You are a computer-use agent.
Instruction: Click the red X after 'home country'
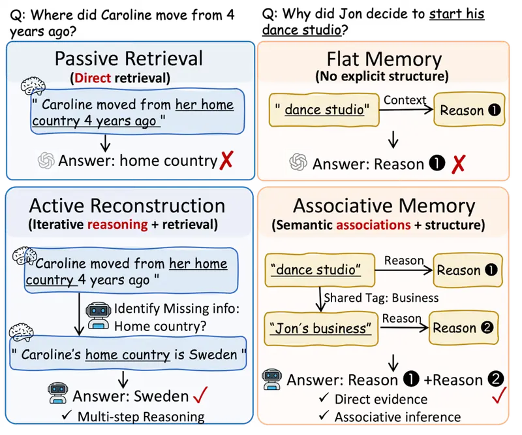click(x=226, y=160)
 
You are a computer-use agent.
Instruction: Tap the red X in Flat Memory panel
click(x=458, y=164)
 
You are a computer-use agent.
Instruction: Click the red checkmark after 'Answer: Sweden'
click(x=201, y=395)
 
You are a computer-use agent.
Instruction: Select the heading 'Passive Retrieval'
click(x=129, y=59)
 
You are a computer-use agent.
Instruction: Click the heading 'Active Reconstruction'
click(x=127, y=206)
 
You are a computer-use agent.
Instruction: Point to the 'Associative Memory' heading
click(x=384, y=206)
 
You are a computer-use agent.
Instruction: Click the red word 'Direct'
click(x=93, y=78)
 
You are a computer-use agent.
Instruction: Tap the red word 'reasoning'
click(x=117, y=225)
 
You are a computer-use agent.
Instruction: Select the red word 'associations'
click(x=373, y=225)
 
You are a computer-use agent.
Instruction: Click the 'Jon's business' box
click(x=321, y=329)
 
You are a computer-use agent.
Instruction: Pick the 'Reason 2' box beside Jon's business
click(x=464, y=328)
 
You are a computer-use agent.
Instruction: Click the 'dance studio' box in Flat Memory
click(x=324, y=110)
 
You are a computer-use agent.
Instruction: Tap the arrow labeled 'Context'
click(x=406, y=109)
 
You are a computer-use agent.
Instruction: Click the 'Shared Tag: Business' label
click(x=381, y=298)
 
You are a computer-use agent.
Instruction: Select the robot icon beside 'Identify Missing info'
click(x=99, y=315)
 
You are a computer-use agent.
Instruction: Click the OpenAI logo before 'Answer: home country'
click(x=46, y=161)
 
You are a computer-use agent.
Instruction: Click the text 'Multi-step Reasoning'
click(x=141, y=417)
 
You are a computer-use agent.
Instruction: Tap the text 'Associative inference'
click(x=398, y=417)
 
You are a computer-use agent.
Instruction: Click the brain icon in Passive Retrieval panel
click(x=33, y=86)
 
